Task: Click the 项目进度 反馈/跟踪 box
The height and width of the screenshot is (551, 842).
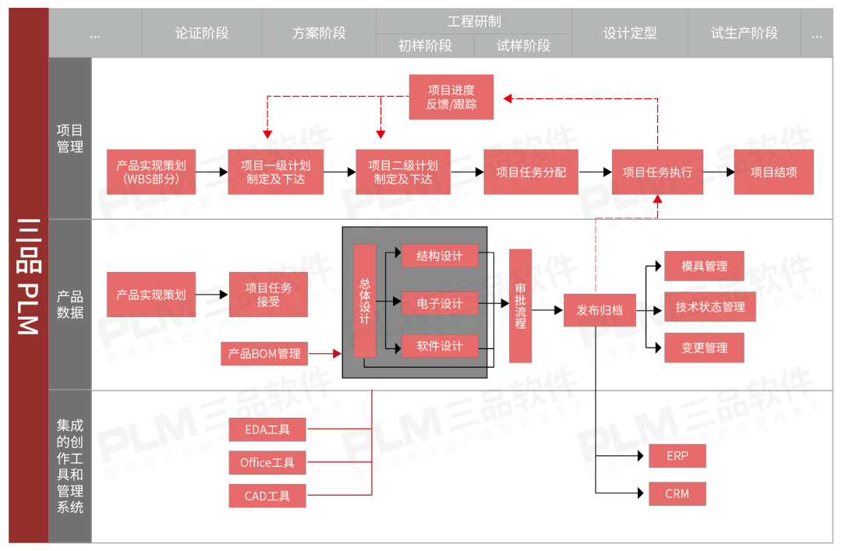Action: [451, 97]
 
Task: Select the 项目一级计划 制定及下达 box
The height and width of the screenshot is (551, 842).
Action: [275, 172]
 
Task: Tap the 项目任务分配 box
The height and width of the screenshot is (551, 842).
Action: [531, 172]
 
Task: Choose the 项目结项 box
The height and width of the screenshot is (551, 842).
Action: [773, 172]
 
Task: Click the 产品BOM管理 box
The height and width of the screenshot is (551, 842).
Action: [264, 354]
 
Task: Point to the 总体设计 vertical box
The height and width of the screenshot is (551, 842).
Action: [365, 301]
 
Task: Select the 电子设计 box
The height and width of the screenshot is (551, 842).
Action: [440, 303]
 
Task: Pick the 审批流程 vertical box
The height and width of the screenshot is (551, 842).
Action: [520, 306]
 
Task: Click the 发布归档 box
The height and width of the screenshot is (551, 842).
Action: [600, 310]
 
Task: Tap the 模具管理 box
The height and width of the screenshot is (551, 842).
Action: [704, 266]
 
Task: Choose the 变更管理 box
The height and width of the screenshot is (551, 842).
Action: [704, 348]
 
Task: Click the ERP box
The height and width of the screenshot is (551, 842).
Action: [677, 456]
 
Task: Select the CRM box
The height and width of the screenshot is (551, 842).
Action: [677, 493]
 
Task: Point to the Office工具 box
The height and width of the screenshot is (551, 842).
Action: [267, 463]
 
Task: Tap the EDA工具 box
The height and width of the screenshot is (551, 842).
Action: [267, 429]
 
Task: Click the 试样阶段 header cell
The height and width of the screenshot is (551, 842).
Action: [523, 46]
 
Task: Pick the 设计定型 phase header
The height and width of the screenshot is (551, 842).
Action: [630, 34]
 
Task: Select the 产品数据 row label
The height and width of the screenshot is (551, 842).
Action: [70, 305]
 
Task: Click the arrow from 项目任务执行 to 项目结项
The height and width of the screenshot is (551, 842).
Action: [718, 172]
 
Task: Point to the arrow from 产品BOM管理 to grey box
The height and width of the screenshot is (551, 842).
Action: [325, 354]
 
